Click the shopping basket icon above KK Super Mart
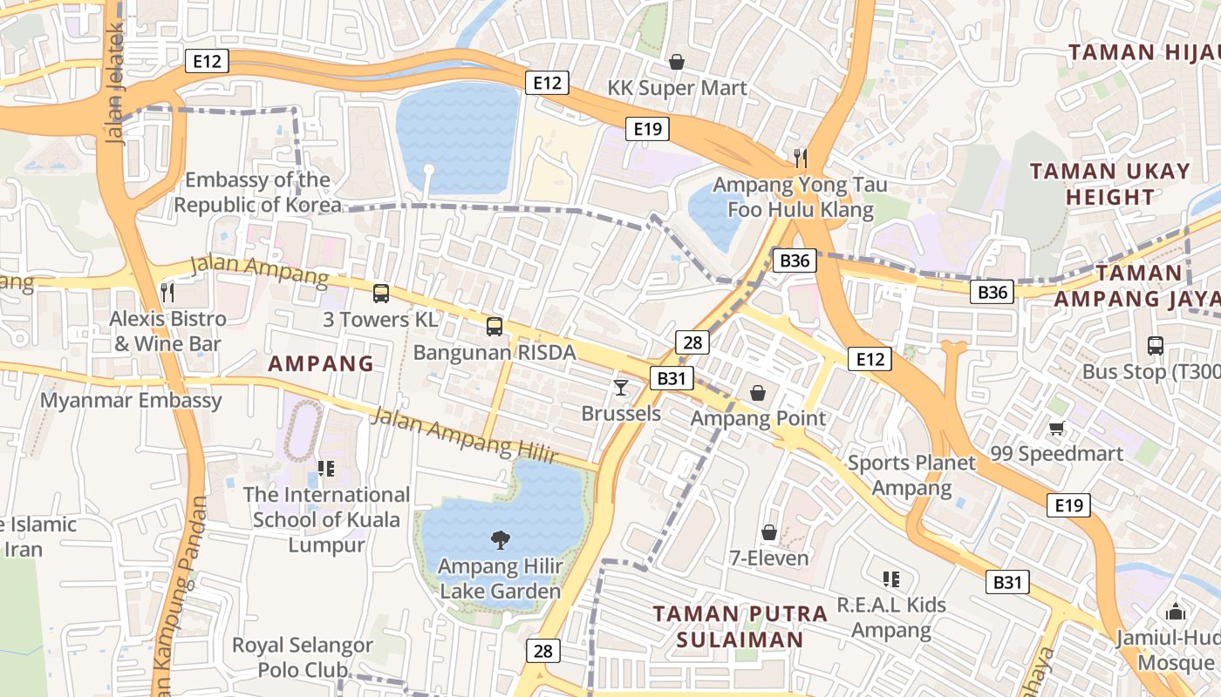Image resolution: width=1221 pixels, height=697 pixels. click(676, 62)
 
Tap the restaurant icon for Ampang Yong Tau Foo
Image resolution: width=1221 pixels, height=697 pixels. click(801, 158)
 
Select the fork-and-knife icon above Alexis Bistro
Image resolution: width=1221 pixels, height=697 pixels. click(168, 292)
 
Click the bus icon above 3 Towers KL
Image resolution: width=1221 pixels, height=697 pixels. click(381, 293)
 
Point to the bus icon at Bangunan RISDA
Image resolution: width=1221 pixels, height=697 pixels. click(495, 327)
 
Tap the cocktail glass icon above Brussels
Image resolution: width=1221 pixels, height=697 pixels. click(621, 387)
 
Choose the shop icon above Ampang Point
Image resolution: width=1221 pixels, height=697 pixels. click(758, 393)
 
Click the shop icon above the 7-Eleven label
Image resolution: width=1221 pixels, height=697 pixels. click(769, 531)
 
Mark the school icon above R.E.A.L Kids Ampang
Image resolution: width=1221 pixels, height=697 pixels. click(890, 579)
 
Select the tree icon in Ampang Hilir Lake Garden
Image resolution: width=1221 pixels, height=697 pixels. click(500, 540)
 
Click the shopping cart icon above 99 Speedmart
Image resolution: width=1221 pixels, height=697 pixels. click(1057, 428)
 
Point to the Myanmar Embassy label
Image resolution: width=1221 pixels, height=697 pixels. click(132, 401)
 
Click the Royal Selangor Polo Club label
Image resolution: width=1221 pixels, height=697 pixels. click(302, 658)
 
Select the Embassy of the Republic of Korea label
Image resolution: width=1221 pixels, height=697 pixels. click(258, 193)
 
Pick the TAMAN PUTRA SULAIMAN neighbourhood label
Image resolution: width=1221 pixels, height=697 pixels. click(740, 626)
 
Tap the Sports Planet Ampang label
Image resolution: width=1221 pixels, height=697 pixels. click(911, 475)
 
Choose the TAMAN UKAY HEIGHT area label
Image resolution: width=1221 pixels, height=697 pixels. click(1109, 184)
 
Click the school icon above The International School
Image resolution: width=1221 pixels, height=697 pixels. click(326, 469)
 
